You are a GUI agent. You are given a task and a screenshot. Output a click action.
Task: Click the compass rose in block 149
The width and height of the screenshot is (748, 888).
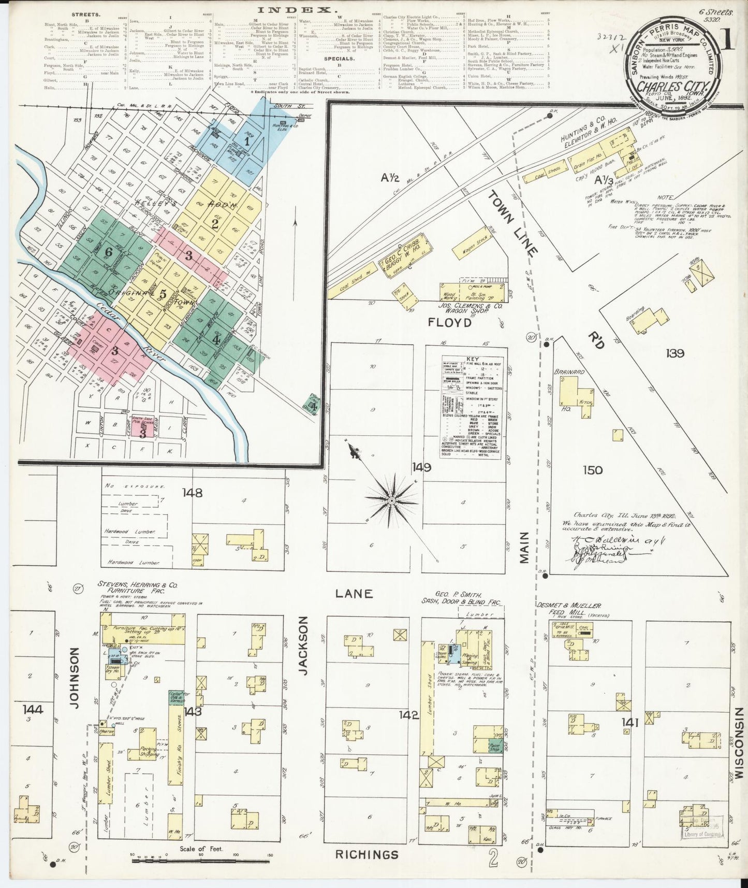pyautogui.click(x=392, y=500)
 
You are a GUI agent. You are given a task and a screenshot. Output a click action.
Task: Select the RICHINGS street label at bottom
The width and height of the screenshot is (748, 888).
pyautogui.click(x=366, y=854)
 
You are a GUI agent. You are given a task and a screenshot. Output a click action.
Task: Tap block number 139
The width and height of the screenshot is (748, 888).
pyautogui.click(x=675, y=353)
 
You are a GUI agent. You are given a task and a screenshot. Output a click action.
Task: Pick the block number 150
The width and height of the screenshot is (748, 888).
pyautogui.click(x=592, y=470)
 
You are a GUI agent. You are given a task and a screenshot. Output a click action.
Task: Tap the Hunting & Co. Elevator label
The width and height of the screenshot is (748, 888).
pyautogui.click(x=589, y=134)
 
